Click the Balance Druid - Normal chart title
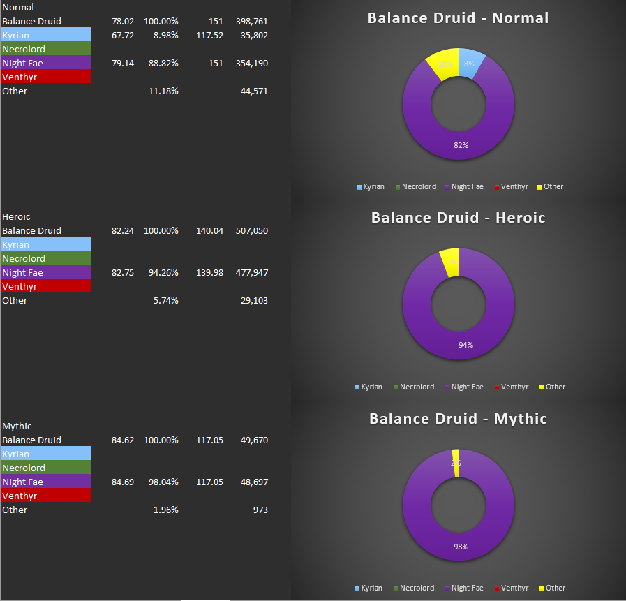tap(458, 18)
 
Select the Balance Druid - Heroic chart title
tap(458, 218)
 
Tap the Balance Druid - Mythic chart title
tap(458, 419)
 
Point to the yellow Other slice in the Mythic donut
tap(456, 463)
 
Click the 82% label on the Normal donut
tap(461, 145)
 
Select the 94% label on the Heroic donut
tap(465, 345)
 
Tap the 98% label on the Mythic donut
tap(460, 547)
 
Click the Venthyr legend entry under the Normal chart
tap(514, 186)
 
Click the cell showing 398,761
tap(252, 22)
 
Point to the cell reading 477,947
tap(252, 273)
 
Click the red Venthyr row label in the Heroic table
tap(45, 287)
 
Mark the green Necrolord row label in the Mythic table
tap(45, 468)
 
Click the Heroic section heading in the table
tap(17, 217)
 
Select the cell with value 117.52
tap(210, 36)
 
